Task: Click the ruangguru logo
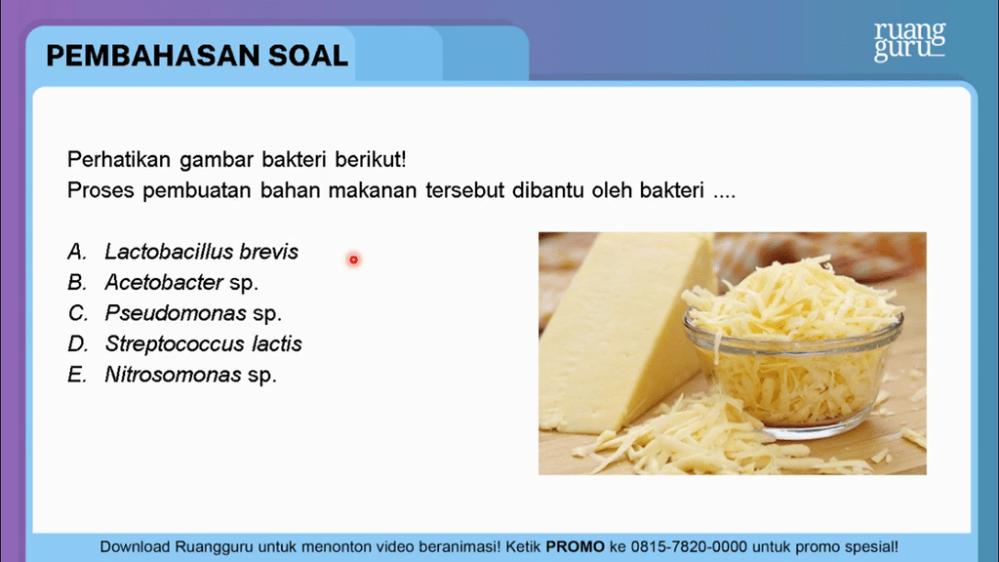click(909, 41)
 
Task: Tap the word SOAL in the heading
click(308, 56)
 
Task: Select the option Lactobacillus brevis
click(201, 252)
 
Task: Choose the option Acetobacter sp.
click(181, 282)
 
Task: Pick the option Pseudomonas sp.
click(193, 313)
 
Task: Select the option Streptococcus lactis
click(203, 344)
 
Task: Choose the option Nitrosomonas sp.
click(190, 375)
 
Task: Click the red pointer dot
click(353, 260)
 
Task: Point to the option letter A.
click(76, 252)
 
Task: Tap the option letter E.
click(76, 375)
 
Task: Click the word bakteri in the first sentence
click(294, 159)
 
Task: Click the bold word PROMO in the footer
click(576, 546)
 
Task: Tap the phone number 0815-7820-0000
click(689, 546)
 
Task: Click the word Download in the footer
click(135, 546)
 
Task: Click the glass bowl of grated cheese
click(793, 370)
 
